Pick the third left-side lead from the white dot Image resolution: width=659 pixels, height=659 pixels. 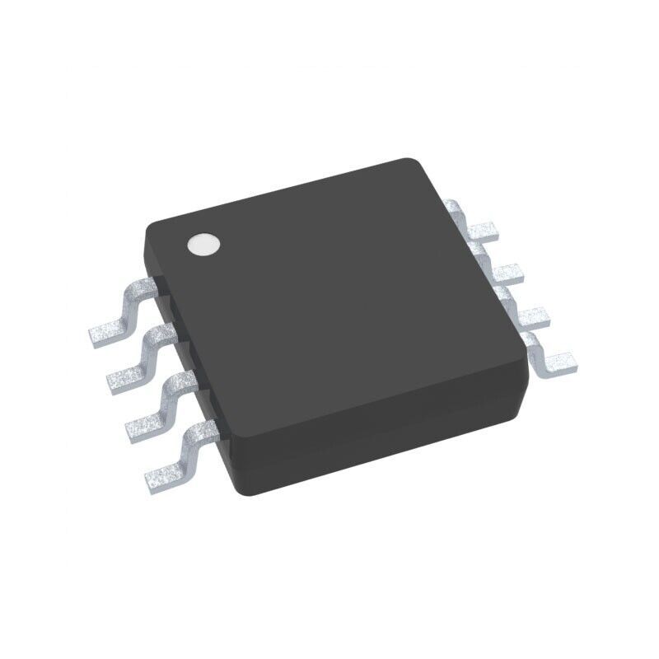point(161,408)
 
